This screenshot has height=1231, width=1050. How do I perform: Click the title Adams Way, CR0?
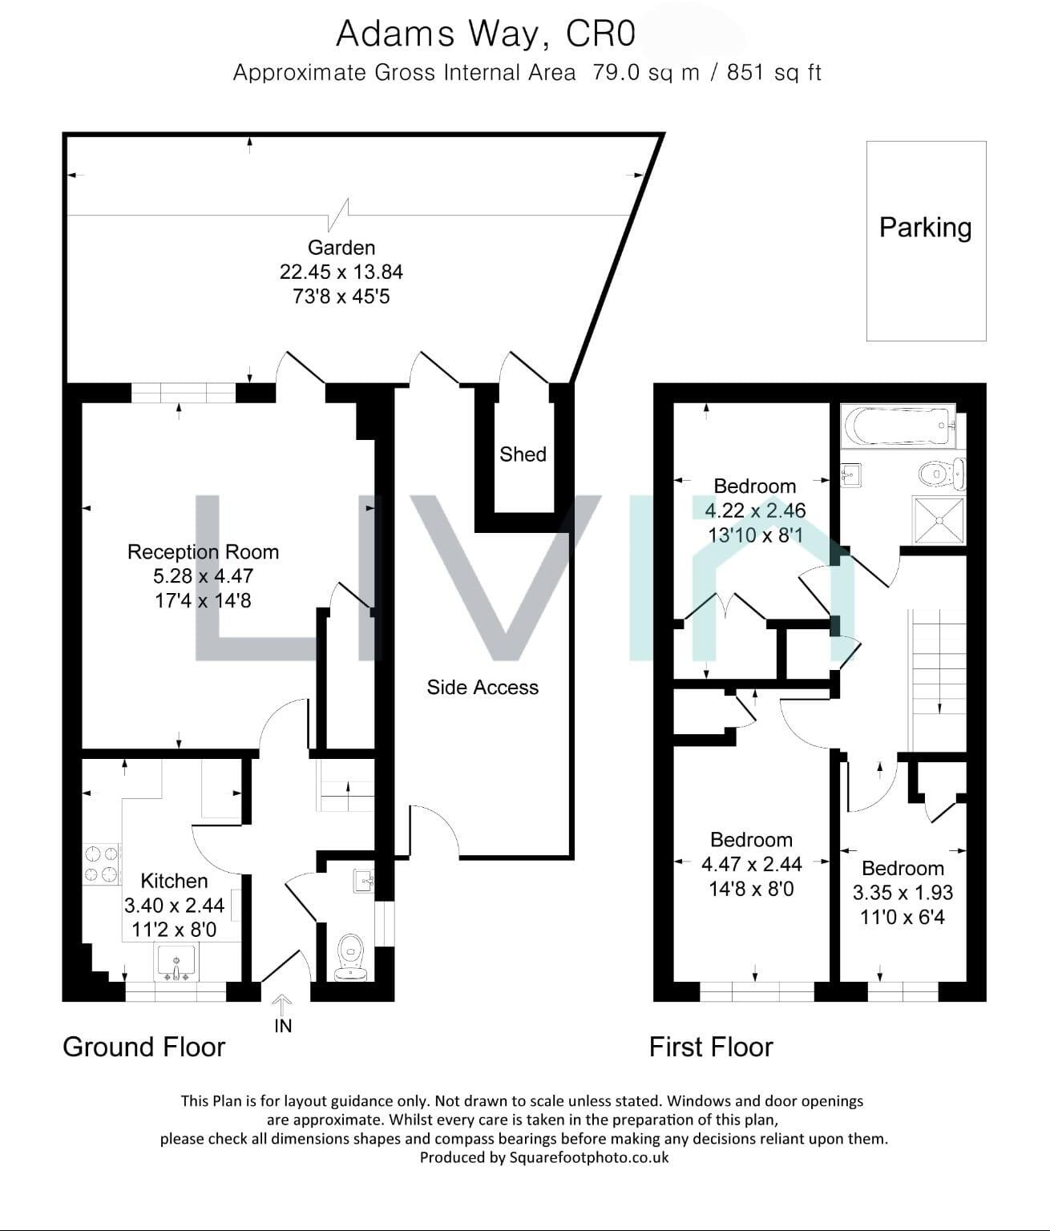(x=486, y=34)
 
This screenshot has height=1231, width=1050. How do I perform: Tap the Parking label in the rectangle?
(x=925, y=228)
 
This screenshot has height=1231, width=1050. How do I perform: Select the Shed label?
(x=523, y=454)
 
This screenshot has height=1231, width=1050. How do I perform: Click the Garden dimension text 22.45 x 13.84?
(x=341, y=272)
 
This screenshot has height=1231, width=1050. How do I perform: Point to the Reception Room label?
(x=203, y=551)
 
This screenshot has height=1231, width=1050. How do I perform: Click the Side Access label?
(x=483, y=687)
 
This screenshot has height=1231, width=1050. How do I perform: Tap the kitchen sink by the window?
(x=176, y=963)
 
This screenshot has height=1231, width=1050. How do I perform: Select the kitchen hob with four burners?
(x=101, y=863)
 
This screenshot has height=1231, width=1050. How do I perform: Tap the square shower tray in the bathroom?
(x=939, y=521)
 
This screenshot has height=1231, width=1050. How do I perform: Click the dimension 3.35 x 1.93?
(x=903, y=893)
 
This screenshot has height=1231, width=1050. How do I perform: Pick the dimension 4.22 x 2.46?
(x=755, y=511)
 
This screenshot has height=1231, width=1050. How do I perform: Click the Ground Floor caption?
(x=144, y=1047)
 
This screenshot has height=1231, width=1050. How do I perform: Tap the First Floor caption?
(x=711, y=1047)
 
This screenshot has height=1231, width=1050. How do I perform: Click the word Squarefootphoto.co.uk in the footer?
(x=589, y=1157)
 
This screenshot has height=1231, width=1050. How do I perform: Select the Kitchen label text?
(x=174, y=881)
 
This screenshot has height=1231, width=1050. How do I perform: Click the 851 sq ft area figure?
(x=774, y=73)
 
